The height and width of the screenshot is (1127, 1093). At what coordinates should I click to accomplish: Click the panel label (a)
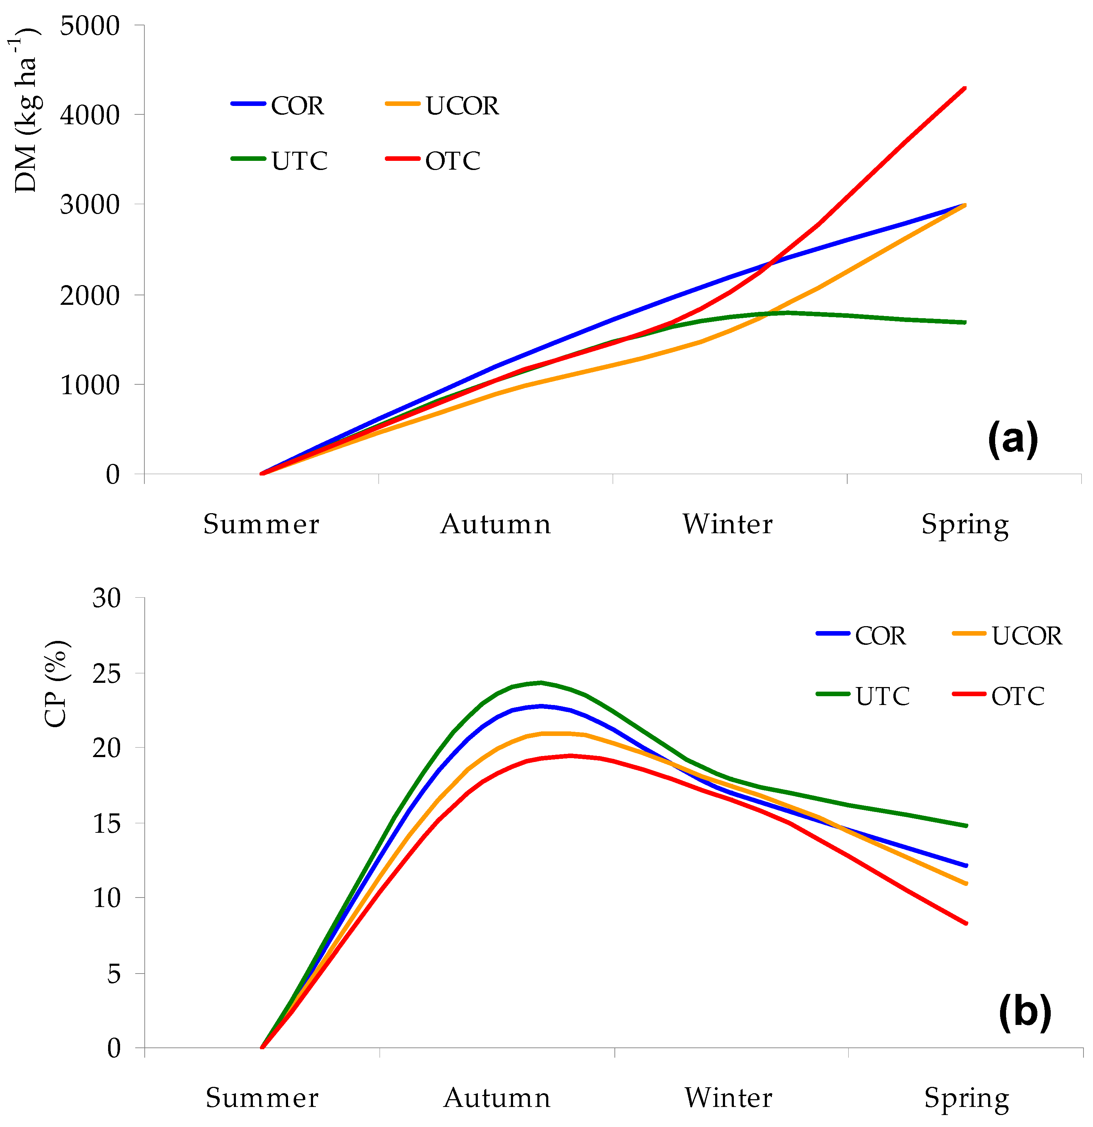click(x=1012, y=439)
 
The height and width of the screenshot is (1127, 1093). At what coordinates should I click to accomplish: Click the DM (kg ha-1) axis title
click(x=26, y=109)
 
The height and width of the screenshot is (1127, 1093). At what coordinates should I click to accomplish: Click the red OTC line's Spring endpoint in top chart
click(x=965, y=88)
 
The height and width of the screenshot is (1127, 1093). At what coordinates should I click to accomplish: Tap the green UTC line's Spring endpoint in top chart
click(x=965, y=322)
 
